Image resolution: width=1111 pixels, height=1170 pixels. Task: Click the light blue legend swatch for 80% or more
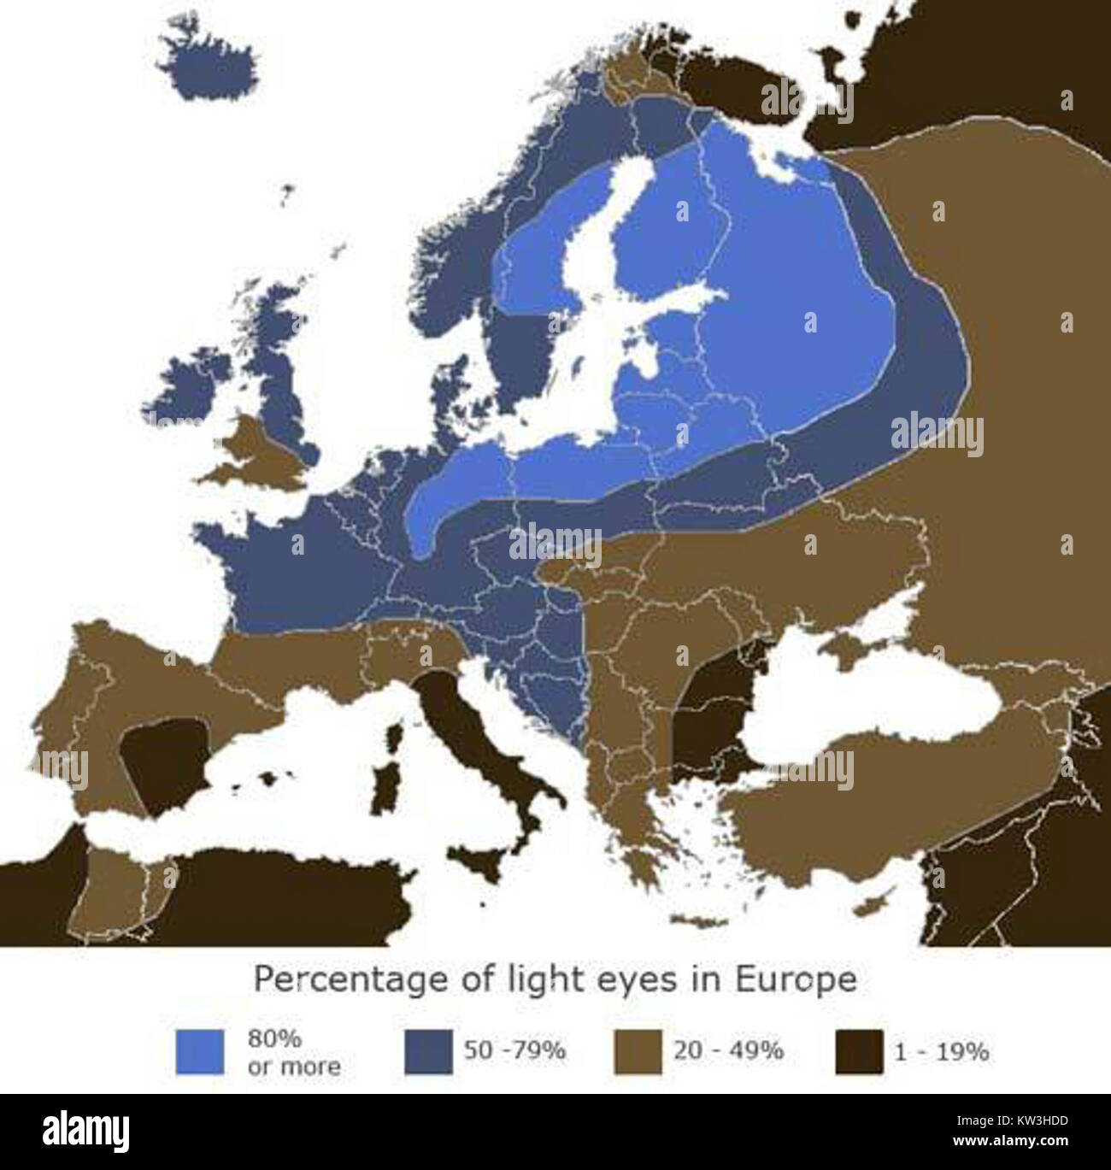tap(199, 1051)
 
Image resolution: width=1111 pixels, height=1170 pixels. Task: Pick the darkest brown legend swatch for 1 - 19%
tap(858, 1051)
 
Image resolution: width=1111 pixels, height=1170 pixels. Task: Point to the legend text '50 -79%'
tap(514, 1050)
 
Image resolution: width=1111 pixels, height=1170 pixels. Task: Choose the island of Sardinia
tap(386, 795)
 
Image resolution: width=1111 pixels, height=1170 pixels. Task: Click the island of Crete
tap(703, 920)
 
